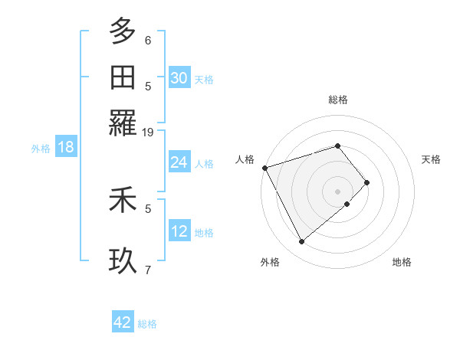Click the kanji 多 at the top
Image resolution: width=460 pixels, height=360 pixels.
[122, 32]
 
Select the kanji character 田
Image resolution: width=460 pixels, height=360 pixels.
[122, 77]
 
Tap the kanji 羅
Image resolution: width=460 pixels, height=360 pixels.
[122, 123]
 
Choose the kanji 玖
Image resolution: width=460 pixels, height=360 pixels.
[122, 260]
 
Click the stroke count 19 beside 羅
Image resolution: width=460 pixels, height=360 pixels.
[148, 132]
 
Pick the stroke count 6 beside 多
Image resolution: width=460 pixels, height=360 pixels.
[148, 40]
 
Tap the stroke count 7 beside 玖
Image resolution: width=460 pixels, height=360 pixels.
[148, 269]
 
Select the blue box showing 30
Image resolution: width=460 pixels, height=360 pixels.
[179, 78]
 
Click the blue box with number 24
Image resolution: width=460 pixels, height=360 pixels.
[179, 162]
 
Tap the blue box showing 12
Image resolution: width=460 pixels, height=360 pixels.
[179, 231]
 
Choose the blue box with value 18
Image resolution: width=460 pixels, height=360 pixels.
[65, 148]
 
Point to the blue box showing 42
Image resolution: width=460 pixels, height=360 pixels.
[122, 322]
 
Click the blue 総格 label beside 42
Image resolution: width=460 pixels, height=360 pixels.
[147, 324]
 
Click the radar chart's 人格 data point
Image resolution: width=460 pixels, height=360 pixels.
[264, 168]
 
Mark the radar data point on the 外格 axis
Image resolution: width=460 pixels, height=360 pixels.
[302, 242]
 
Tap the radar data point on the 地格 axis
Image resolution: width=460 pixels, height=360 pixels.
[347, 204]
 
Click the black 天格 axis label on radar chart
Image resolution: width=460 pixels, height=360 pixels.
[431, 159]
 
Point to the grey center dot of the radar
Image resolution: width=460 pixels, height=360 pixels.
[338, 190]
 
